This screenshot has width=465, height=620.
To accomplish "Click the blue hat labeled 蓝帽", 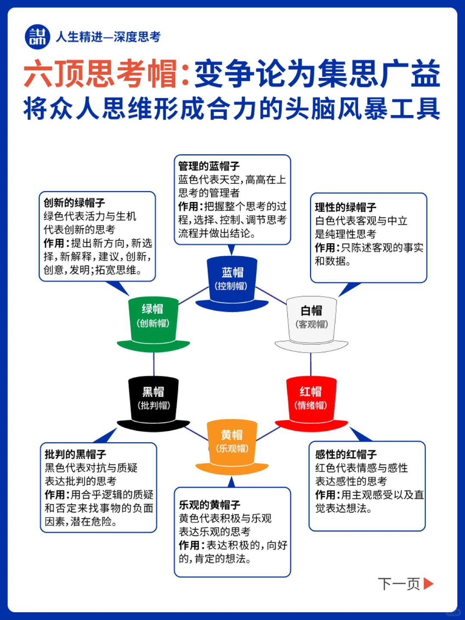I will coord(232,282).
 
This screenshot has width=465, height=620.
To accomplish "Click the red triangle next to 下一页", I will coord(428,584).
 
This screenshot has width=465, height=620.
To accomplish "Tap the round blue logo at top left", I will coord(37,37).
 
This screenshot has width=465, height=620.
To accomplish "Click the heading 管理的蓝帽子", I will coord(209,166).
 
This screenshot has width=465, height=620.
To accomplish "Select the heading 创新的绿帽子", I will coord(74,203).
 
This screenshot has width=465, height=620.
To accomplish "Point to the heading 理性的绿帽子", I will coord(345,208).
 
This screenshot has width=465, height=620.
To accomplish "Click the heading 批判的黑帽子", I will coord(75,454).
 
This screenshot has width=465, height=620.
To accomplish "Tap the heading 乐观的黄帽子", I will coord(210,505).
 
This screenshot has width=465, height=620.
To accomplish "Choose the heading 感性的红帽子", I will coord(346,455).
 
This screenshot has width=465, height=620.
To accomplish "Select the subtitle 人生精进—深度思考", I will coord(108,37).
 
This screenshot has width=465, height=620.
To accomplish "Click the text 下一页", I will coord(399,584).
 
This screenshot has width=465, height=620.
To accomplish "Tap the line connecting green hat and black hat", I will coord(154,364).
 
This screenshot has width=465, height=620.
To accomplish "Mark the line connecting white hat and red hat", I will coord(311,364).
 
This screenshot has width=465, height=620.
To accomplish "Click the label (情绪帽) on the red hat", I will coord(311,406).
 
